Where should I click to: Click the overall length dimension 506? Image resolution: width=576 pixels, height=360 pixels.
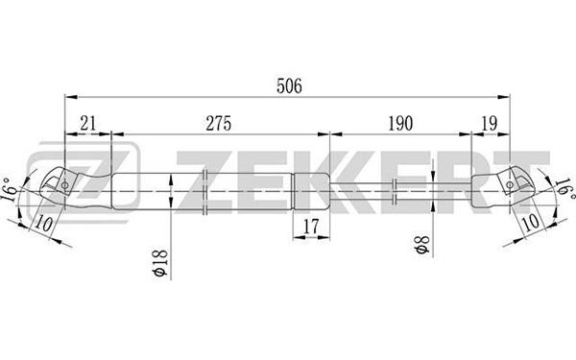point(289,86)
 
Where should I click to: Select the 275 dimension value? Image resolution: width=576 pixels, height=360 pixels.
point(219,124)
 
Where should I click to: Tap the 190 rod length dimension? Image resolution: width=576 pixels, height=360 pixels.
point(400,124)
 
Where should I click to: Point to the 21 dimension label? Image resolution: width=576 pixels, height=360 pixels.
point(88,124)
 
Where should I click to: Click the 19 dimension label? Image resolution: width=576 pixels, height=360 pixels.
point(490,124)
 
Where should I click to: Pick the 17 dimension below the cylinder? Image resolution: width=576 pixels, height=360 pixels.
point(311,227)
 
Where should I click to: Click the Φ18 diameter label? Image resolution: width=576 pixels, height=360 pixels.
point(160,263)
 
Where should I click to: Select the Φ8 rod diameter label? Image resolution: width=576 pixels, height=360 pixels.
point(421,245)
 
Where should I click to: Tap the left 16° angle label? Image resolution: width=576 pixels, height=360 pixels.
point(10,190)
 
